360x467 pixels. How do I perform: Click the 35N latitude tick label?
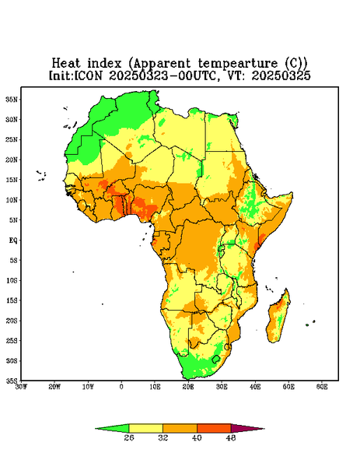12,100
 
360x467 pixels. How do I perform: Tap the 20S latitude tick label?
12,321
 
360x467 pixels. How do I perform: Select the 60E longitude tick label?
322,387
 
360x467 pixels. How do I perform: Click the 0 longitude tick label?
121,387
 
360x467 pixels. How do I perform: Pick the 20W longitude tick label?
54,387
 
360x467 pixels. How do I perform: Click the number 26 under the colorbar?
129,437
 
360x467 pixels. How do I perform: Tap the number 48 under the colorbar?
231,437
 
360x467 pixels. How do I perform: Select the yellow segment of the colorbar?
145,428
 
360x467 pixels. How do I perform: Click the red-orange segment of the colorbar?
214,428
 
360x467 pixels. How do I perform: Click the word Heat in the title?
66,63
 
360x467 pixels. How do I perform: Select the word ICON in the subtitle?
88,75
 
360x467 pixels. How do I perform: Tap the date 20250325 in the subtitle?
281,75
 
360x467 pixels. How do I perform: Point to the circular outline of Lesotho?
213,359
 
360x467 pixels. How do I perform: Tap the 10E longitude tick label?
155,387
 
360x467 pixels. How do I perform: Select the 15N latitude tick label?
12,180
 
